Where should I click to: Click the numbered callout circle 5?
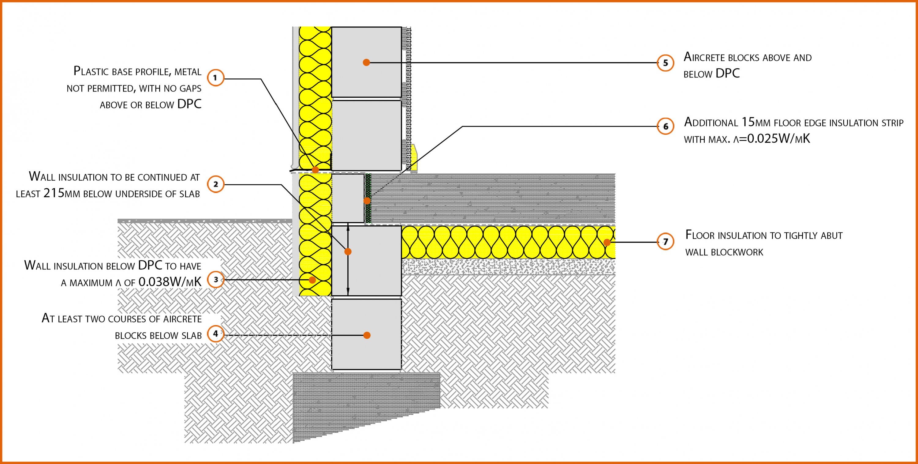click(665, 63)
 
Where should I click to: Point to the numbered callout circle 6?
click(665, 126)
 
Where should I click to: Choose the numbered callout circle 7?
click(665, 242)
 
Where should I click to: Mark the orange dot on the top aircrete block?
click(366, 62)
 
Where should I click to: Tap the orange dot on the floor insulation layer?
click(607, 243)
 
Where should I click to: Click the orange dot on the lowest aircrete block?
click(367, 335)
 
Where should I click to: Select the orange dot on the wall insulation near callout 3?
click(312, 280)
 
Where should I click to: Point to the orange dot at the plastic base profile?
click(315, 170)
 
